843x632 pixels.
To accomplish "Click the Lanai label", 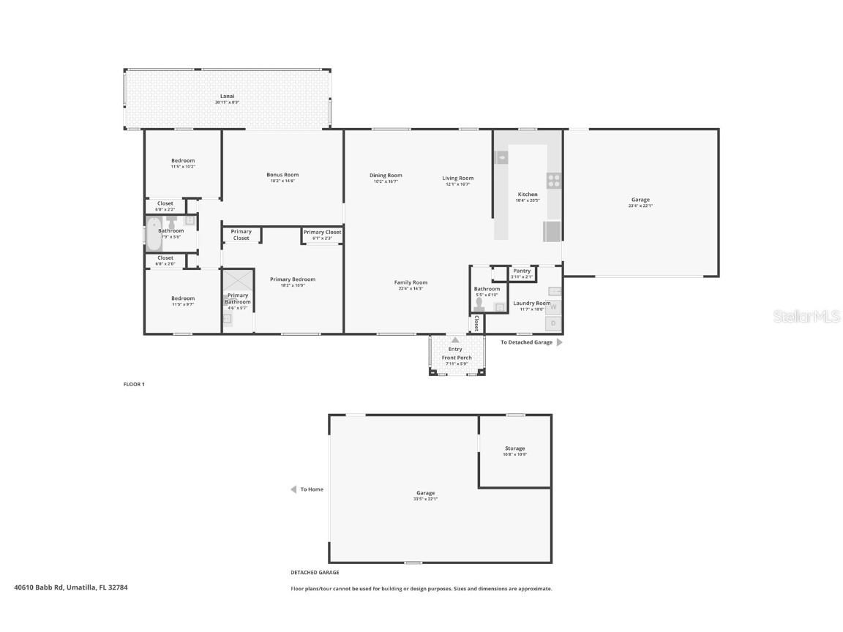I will (x=227, y=97).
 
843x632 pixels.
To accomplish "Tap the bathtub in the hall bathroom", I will (x=154, y=234).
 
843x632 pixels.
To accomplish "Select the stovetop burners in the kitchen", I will (x=554, y=180).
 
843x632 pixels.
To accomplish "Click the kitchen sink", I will (x=502, y=157).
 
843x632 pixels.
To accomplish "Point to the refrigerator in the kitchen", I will (x=552, y=231).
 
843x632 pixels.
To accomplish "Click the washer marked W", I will (x=553, y=307).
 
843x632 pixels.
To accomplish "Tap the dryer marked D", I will (x=553, y=323).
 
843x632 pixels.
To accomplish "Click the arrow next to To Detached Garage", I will (x=560, y=342).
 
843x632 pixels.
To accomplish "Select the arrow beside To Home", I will (x=293, y=489).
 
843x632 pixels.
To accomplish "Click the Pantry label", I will (x=522, y=271).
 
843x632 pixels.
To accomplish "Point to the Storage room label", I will (x=514, y=448).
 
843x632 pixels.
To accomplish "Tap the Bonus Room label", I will (x=282, y=175).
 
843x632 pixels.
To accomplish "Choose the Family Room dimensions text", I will (x=411, y=289).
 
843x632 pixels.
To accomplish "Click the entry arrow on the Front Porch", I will (x=455, y=339).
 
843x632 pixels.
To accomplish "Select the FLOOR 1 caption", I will (x=134, y=384).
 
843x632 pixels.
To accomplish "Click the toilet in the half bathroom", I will (x=480, y=304).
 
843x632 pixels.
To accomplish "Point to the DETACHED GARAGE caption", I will (x=315, y=573).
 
